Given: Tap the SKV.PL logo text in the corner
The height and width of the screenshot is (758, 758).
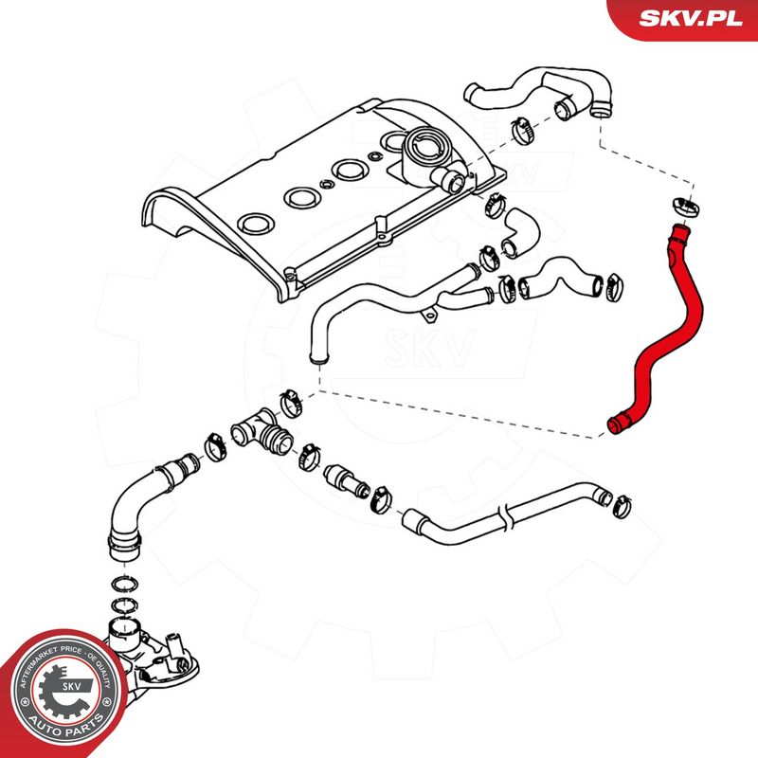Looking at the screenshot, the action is click(691, 18).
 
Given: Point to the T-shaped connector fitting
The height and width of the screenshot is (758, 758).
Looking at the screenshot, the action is click(262, 431).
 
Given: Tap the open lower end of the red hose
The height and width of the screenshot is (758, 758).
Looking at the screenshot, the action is click(614, 426).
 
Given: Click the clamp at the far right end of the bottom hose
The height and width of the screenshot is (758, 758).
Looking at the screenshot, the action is click(622, 507).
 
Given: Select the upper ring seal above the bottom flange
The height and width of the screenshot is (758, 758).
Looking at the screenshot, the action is click(125, 584).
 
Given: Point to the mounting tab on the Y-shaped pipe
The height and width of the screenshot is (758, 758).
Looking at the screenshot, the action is click(430, 316).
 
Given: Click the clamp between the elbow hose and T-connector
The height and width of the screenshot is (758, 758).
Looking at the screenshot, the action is click(215, 446).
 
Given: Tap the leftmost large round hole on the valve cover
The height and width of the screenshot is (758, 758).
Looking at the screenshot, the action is click(256, 223).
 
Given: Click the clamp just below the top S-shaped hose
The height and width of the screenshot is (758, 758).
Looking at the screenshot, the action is click(524, 130).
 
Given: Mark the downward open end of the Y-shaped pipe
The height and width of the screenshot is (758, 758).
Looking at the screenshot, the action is click(319, 358).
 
